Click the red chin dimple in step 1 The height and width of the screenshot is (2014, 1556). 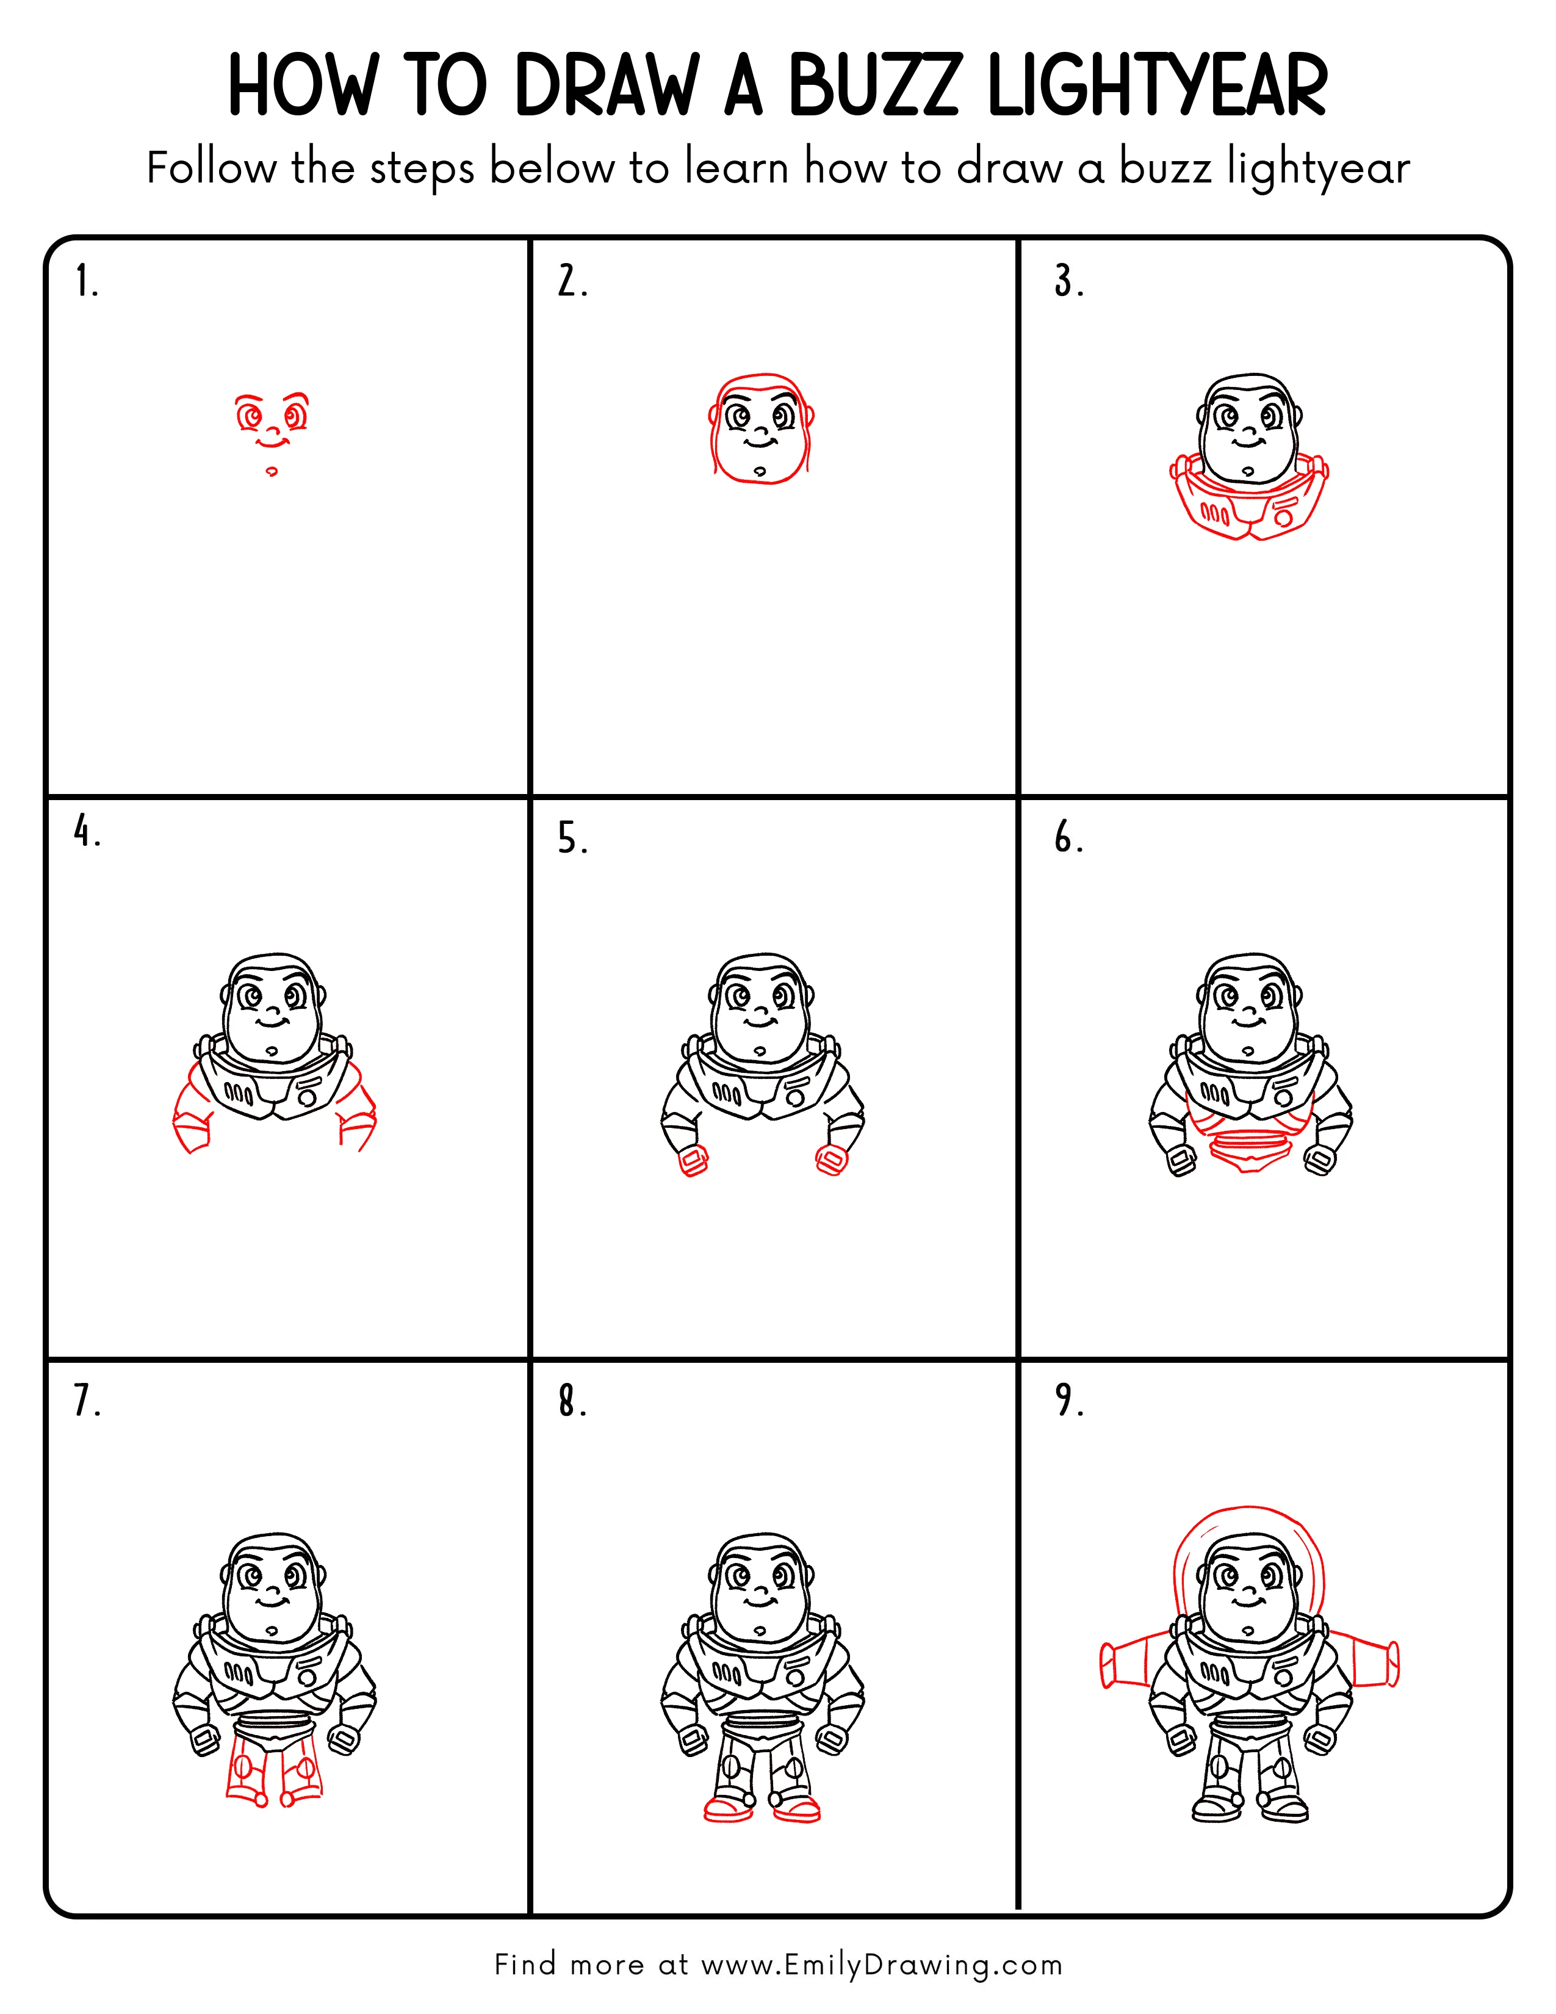coord(271,471)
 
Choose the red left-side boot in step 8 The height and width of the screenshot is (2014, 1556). coord(729,1810)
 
